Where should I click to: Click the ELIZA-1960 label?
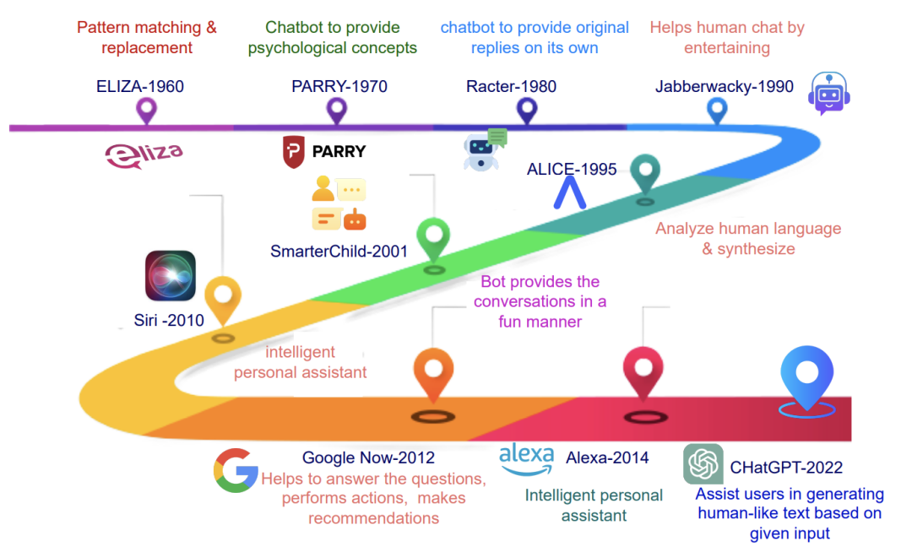pyautogui.click(x=139, y=86)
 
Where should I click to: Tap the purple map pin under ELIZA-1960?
pyautogui.click(x=147, y=110)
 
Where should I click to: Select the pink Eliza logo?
pyautogui.click(x=144, y=154)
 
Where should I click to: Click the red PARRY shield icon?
pyautogui.click(x=294, y=152)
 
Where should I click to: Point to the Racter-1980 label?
pyautogui.click(x=511, y=86)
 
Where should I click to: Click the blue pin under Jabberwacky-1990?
pyautogui.click(x=717, y=110)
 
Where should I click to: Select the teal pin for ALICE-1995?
pyautogui.click(x=645, y=173)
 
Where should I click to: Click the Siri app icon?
pyautogui.click(x=171, y=276)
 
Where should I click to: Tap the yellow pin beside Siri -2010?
pyautogui.click(x=223, y=298)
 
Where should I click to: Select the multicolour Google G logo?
pyautogui.click(x=236, y=471)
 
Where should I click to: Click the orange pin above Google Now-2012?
pyautogui.click(x=433, y=374)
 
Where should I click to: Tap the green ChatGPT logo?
pyautogui.click(x=703, y=464)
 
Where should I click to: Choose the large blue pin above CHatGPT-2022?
pyautogui.click(x=806, y=376)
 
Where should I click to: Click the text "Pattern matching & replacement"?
pyautogui.click(x=146, y=38)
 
